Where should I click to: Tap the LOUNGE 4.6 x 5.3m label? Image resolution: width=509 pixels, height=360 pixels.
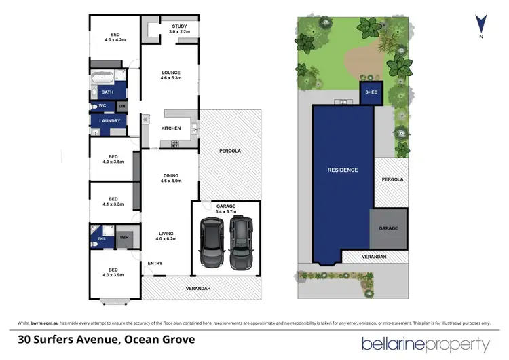(170, 75)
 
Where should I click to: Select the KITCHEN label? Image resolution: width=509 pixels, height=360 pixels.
(170, 128)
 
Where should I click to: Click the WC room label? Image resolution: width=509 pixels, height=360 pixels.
(102, 106)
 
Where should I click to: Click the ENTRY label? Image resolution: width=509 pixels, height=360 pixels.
(155, 263)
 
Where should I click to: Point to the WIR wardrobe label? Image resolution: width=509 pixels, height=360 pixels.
(124, 238)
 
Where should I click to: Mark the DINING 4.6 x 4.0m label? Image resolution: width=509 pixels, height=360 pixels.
(170, 177)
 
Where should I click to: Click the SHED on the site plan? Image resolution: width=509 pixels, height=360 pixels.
(371, 92)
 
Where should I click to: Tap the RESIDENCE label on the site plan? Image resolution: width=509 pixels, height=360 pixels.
(342, 170)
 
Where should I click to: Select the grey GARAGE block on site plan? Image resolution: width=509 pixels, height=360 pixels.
(388, 228)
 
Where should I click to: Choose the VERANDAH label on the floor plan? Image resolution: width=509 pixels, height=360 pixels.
(200, 289)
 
